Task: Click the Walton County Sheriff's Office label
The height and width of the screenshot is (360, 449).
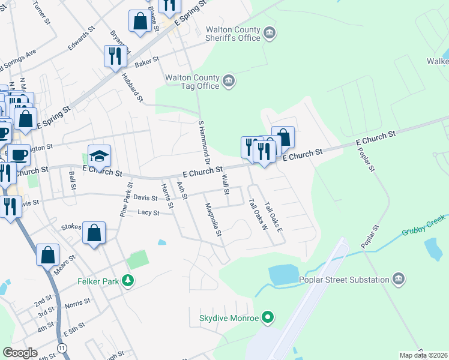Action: (233, 34)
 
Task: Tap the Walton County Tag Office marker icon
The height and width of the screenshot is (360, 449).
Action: (229, 81)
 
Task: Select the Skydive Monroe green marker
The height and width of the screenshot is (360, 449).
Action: (269, 317)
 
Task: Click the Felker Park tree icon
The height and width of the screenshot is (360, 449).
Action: (127, 280)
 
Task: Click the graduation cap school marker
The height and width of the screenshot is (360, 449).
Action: (100, 157)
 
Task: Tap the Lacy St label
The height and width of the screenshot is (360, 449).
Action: (148, 212)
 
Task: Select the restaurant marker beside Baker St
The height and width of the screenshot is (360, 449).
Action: (114, 56)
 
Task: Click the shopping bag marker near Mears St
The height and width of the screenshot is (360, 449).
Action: (47, 255)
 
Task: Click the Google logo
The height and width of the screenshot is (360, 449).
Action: (20, 353)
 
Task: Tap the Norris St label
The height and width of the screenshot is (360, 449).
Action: (78, 304)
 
